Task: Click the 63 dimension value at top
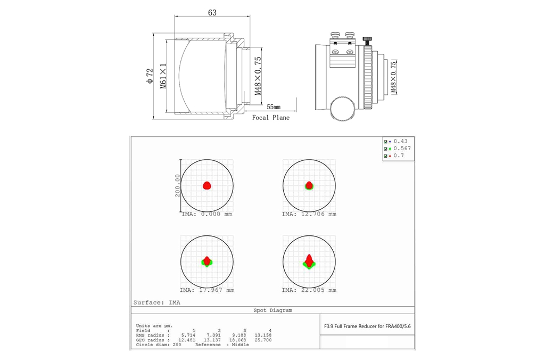click(212, 13)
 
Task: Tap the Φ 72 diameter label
click(150, 76)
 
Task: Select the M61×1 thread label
click(163, 76)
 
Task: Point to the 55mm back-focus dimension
click(274, 107)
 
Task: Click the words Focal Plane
click(271, 118)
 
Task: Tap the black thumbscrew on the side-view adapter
click(367, 40)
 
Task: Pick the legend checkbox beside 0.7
click(385, 156)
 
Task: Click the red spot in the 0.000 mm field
click(207, 185)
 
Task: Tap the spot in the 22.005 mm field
click(309, 261)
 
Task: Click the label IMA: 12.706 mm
click(309, 214)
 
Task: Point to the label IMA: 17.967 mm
click(207, 290)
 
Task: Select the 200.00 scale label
click(178, 185)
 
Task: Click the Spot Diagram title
click(273, 310)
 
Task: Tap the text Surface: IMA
click(157, 302)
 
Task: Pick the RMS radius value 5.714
click(188, 336)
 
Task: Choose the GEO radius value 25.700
click(263, 340)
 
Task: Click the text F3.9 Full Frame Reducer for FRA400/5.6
click(367, 326)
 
